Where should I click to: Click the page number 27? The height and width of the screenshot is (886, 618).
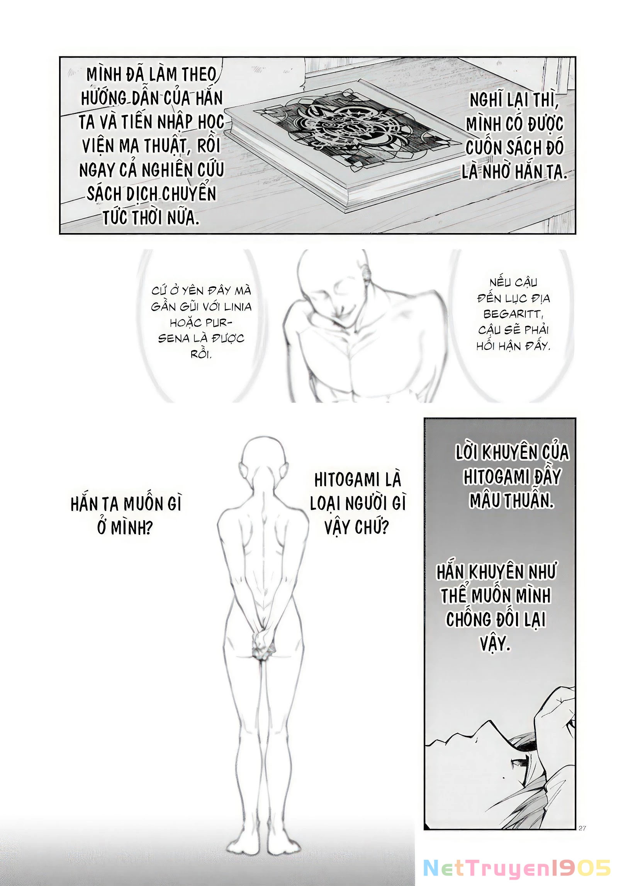(x=582, y=828)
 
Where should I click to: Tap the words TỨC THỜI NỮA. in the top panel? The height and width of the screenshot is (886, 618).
(x=151, y=218)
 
